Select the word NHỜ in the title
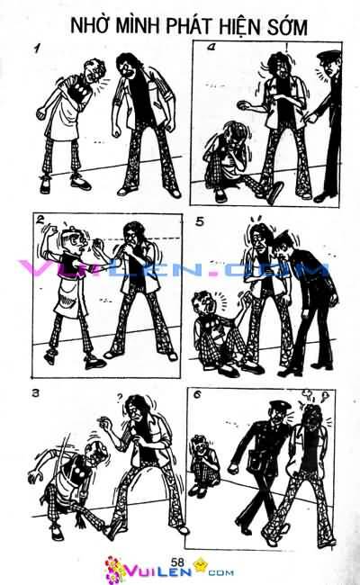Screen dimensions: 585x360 89,28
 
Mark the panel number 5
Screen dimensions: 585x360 200,220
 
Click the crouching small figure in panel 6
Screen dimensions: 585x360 201,455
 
